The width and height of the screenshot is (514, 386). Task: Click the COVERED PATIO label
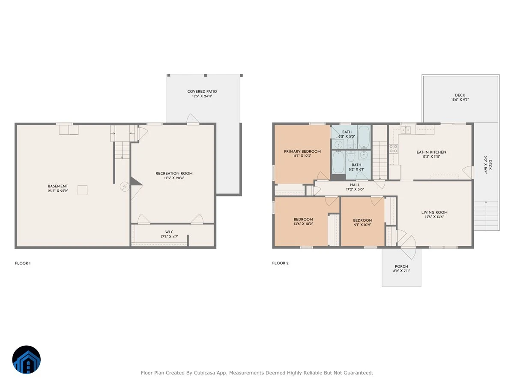click(202, 91)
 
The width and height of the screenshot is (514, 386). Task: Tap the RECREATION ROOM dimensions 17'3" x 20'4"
click(174, 178)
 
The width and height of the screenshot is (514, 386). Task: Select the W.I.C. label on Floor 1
click(169, 232)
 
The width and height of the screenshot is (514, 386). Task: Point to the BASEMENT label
click(58, 186)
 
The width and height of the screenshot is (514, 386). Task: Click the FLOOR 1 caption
click(23, 263)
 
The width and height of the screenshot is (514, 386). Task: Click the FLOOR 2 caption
click(280, 263)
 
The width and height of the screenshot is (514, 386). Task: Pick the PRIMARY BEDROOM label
click(302, 151)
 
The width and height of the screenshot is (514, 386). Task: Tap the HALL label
click(355, 185)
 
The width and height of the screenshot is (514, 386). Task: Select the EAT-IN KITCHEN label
click(431, 152)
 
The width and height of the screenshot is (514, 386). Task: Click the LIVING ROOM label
click(434, 212)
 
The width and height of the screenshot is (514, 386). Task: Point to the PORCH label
click(401, 266)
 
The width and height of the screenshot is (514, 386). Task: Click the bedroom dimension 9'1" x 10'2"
click(362, 225)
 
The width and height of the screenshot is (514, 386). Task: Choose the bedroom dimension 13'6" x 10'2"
click(303, 224)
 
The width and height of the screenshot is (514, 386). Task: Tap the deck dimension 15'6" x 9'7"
click(460, 100)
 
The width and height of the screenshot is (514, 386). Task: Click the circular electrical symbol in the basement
click(125, 187)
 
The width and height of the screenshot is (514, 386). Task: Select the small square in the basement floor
click(82, 190)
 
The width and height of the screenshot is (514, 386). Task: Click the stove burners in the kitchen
click(393, 149)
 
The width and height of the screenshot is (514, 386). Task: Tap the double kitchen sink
click(406, 130)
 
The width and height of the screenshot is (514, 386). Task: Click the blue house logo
click(27, 359)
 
